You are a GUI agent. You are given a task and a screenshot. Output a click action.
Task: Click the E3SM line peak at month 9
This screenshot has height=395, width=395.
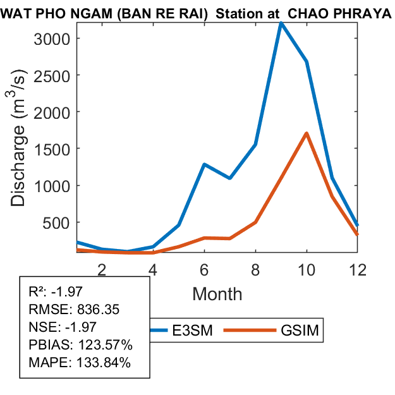coord(281,23)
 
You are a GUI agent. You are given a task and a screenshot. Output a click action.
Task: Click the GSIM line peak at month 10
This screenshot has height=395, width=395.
coord(307,133)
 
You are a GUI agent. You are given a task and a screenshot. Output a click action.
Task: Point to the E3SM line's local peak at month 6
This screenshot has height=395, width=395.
coord(204,164)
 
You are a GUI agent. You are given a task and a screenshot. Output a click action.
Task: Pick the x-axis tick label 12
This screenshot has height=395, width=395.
coord(357,269)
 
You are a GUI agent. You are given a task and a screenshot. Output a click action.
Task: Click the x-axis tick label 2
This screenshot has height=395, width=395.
coord(101,269)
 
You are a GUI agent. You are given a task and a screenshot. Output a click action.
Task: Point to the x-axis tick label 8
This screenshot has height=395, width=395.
coord(255,269)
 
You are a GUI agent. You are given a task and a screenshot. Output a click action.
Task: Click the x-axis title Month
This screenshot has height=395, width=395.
coord(217,293)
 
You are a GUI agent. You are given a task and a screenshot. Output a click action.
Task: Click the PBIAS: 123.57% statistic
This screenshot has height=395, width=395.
coord(80,346)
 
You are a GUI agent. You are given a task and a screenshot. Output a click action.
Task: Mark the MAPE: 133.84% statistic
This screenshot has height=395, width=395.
coord(80,363)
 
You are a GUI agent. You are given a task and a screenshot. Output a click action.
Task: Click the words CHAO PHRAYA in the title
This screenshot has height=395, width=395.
coord(339,14)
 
